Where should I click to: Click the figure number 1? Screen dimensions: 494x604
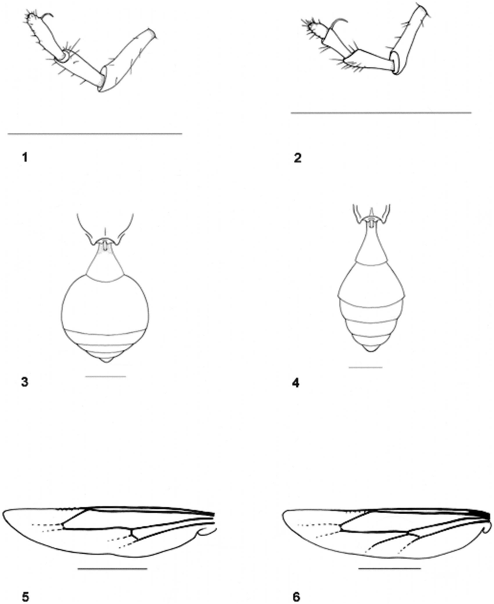tap(25, 157)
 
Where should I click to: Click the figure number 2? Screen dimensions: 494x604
tap(297, 158)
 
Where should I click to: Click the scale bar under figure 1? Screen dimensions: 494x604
tap(95, 134)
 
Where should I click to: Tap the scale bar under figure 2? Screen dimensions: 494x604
tap(381, 113)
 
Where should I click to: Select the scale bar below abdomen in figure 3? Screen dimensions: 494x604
tap(106, 377)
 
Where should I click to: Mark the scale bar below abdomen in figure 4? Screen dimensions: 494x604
tap(366, 368)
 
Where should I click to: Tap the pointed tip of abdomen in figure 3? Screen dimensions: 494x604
tap(106, 362)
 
